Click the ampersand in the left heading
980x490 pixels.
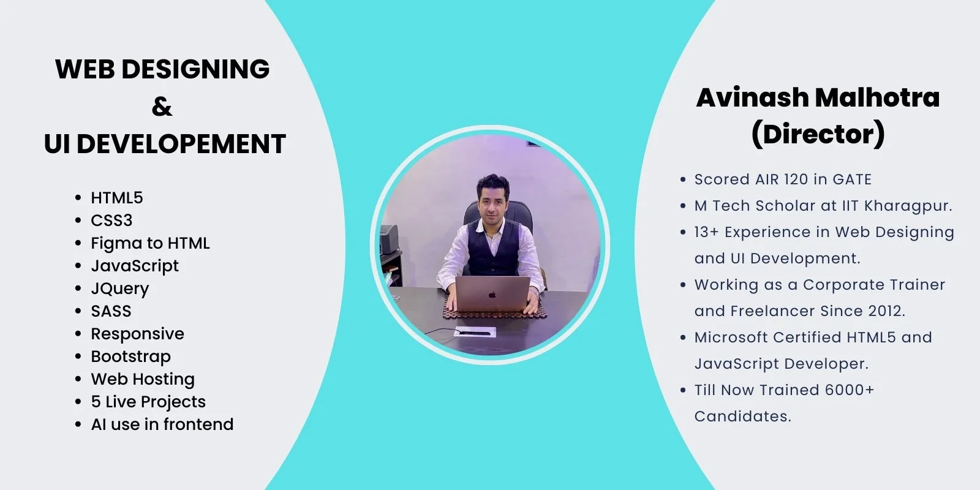162,107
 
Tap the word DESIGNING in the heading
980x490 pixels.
195,69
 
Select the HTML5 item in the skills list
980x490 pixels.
117,198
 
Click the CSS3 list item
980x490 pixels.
111,221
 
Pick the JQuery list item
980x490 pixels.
120,288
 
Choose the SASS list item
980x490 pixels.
111,311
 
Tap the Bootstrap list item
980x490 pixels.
131,356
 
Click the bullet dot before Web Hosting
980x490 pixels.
78,379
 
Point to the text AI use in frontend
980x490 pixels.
162,424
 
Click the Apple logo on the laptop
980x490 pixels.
492,295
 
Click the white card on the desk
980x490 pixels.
475,332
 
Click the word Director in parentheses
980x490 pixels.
818,134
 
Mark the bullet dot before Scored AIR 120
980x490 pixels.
683,179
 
